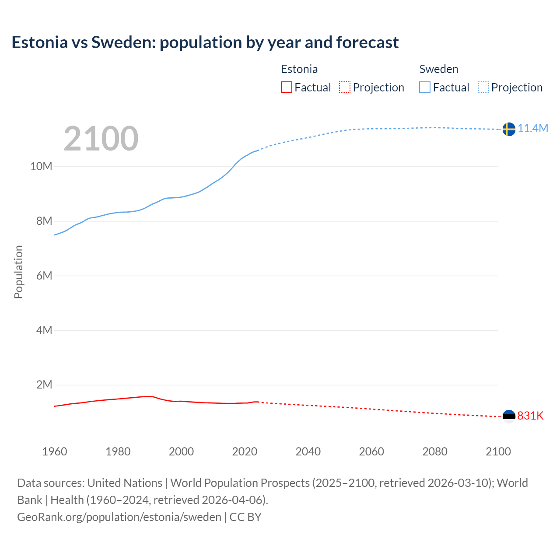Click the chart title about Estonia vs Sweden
205,42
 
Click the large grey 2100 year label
101,139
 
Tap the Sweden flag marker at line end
508,129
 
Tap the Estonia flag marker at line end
509,416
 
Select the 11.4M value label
533,128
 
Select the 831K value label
530,416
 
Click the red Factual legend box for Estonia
287,87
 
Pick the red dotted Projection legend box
345,87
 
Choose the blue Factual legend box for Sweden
425,87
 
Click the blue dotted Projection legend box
483,87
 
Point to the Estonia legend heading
299,69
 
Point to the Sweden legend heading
439,69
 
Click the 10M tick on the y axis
41,167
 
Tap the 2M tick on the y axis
44,385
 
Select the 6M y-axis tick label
44,276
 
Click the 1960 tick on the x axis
55,451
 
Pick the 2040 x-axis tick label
308,451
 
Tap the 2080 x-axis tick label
435,451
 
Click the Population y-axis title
18,272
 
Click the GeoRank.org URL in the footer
119,517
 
